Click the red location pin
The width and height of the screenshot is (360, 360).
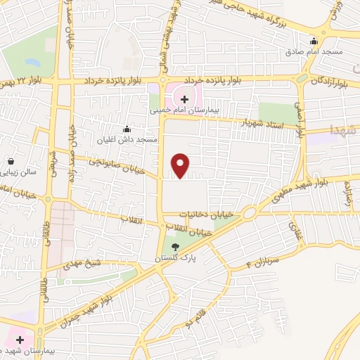pos(181,165)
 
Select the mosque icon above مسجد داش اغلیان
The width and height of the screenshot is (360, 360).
pos(127,129)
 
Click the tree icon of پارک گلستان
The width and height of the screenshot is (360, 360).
pos(175,247)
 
